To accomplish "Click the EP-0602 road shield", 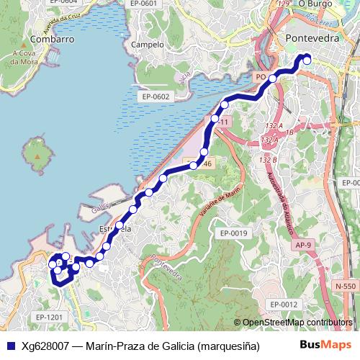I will coord(155,96).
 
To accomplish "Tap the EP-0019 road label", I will coord(234,233).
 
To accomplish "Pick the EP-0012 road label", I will coord(282,305).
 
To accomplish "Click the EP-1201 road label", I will coord(49,317).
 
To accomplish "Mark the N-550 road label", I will coord(345,287).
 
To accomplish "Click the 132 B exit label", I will coord(269,160).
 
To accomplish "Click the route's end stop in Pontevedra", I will coord(307,60).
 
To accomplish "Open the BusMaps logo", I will coord(326,345).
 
